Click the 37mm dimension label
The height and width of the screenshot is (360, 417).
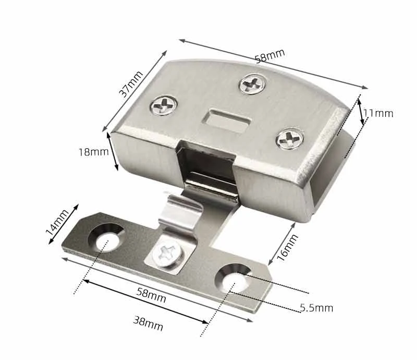click(x=131, y=84)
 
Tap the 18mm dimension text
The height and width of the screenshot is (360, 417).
click(x=94, y=152)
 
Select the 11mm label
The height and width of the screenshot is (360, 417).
click(x=378, y=113)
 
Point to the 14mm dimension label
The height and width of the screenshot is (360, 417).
click(x=57, y=222)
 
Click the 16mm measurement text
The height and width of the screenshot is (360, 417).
click(x=287, y=247)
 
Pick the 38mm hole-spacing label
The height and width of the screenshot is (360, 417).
click(x=148, y=323)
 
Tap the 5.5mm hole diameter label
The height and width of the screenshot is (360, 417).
click(x=316, y=308)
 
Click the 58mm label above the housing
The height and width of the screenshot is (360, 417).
click(x=269, y=56)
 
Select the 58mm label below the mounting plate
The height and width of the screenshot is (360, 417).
click(x=151, y=295)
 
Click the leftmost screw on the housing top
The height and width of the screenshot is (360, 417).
click(x=164, y=105)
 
